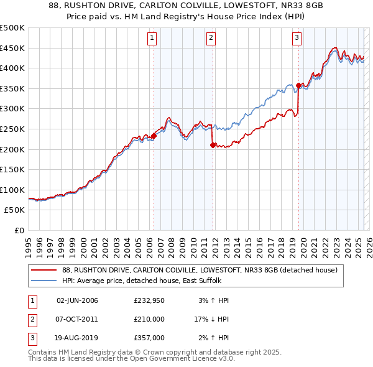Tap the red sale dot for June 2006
[x=154, y=136]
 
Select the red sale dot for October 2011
[x=213, y=145]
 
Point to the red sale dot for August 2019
[x=299, y=85]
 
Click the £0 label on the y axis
[x=19, y=230]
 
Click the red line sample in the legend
[x=44, y=271]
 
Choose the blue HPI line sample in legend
[x=44, y=281]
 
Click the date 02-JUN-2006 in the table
[x=77, y=300]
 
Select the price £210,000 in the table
[x=149, y=319]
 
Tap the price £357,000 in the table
[x=149, y=338]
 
